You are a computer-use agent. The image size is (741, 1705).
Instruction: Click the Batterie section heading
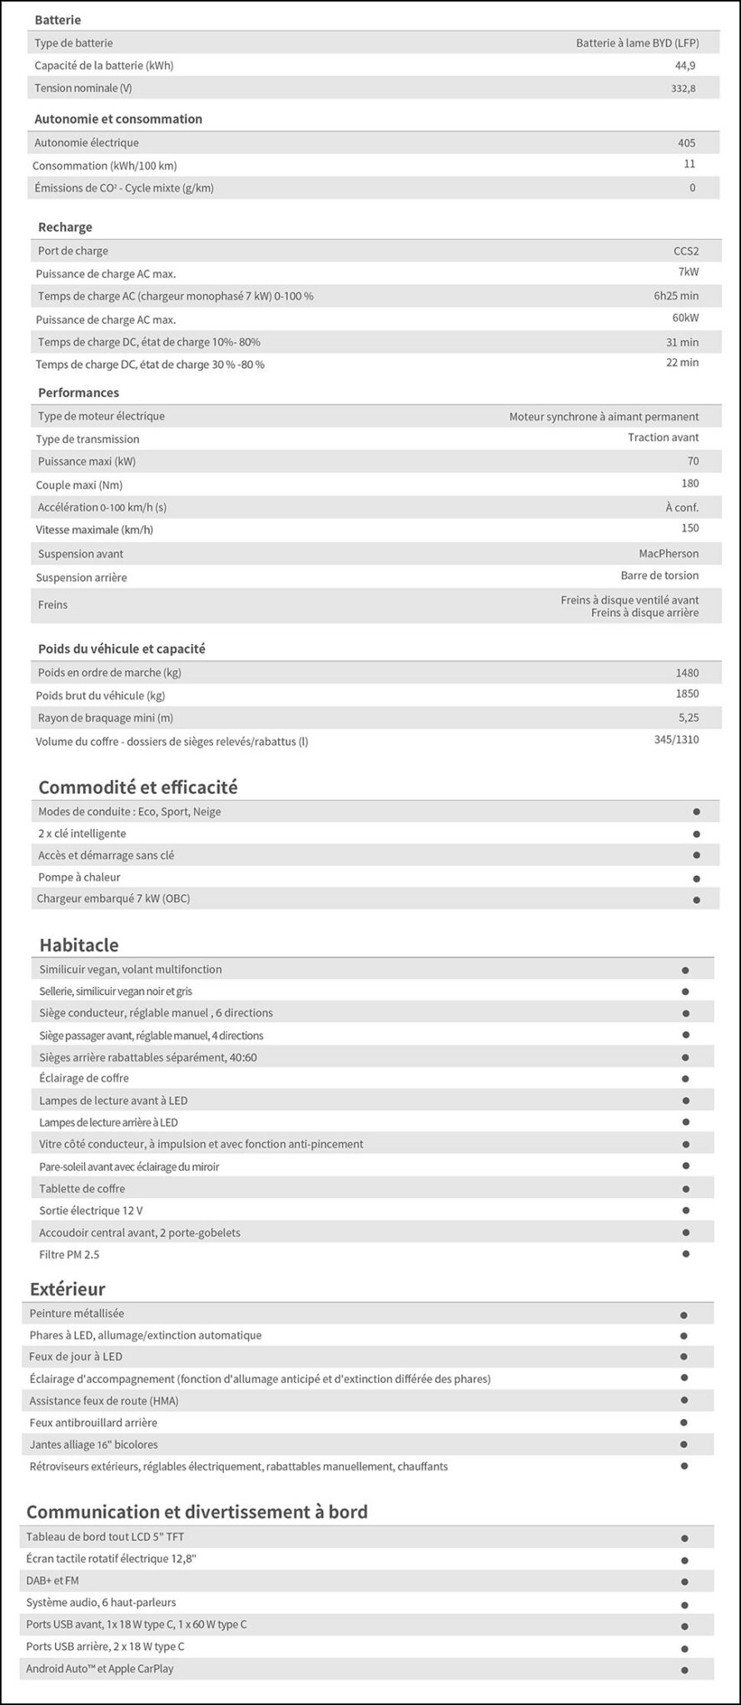[57, 20]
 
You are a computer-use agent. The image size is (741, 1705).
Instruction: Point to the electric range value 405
[686, 142]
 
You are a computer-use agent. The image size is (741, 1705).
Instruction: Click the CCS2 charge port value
[686, 251]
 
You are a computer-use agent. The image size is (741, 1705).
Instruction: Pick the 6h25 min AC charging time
[676, 296]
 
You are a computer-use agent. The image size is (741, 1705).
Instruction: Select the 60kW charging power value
[686, 318]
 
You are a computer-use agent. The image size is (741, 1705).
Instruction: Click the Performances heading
[78, 392]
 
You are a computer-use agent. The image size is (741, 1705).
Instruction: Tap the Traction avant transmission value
[663, 437]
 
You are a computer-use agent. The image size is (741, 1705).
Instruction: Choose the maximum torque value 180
[689, 484]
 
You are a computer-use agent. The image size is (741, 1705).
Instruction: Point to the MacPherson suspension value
[669, 554]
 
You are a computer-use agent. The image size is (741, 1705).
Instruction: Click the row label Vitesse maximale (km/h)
[94, 529]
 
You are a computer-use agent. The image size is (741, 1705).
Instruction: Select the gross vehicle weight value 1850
[687, 693]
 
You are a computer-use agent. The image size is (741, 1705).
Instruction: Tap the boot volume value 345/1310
[676, 739]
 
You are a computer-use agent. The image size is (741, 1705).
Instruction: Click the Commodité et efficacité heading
[138, 787]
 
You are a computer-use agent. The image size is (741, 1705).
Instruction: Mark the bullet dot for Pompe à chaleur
[696, 878]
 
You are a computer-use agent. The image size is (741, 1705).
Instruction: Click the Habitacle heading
[79, 945]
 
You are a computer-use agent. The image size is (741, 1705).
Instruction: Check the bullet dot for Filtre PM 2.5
[685, 1254]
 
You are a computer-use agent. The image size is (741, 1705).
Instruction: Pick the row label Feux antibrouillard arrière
[93, 1423]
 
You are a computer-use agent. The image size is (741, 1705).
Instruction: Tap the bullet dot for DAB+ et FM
[684, 1581]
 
